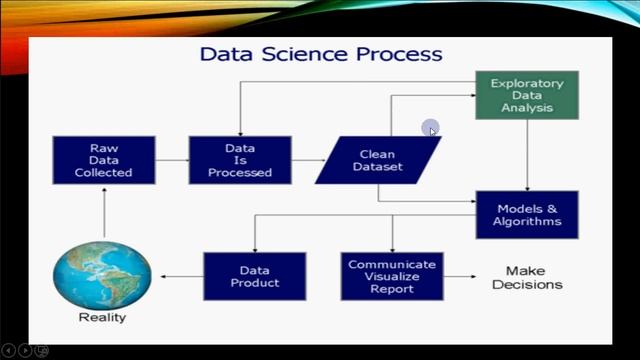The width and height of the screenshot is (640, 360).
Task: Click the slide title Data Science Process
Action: [320, 52]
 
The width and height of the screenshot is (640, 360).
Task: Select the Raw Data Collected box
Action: [103, 161]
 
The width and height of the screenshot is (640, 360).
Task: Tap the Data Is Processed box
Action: [240, 161]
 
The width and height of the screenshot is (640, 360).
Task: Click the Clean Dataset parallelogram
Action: [377, 161]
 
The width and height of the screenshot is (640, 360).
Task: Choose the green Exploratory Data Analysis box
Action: [527, 95]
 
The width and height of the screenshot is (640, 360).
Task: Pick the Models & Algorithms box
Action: [527, 214]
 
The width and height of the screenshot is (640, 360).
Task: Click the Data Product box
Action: [253, 276]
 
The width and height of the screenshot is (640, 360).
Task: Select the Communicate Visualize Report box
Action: [391, 276]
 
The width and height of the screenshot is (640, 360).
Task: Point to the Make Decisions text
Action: [533, 277]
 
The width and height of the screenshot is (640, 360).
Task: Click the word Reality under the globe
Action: [102, 319]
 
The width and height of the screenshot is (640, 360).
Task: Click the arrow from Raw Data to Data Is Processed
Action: [170, 161]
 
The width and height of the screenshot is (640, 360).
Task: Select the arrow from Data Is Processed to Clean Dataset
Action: [307, 161]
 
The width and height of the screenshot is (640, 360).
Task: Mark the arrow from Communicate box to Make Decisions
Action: [462, 277]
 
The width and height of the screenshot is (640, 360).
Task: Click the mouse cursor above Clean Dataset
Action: [431, 129]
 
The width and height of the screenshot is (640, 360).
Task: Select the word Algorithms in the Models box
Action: [528, 221]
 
